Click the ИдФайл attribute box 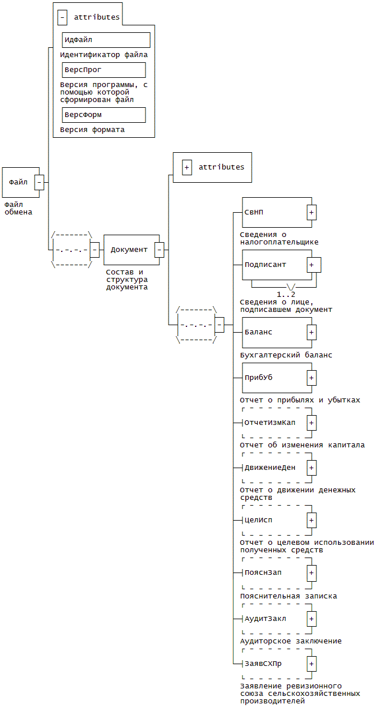[106, 40]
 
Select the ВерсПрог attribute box [103, 70]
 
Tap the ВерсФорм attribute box [103, 115]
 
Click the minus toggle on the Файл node [39, 182]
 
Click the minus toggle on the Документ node [159, 250]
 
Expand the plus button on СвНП [311, 212]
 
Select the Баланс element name [258, 332]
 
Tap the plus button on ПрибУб [311, 378]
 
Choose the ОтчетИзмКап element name [270, 423]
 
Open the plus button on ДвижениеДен [311, 468]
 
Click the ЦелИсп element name [258, 520]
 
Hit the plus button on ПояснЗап [311, 573]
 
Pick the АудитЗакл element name [265, 618]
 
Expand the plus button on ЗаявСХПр [311, 663]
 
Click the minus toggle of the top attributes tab [62, 17]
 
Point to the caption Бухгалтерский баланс [286, 355]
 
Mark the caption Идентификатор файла [103, 55]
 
